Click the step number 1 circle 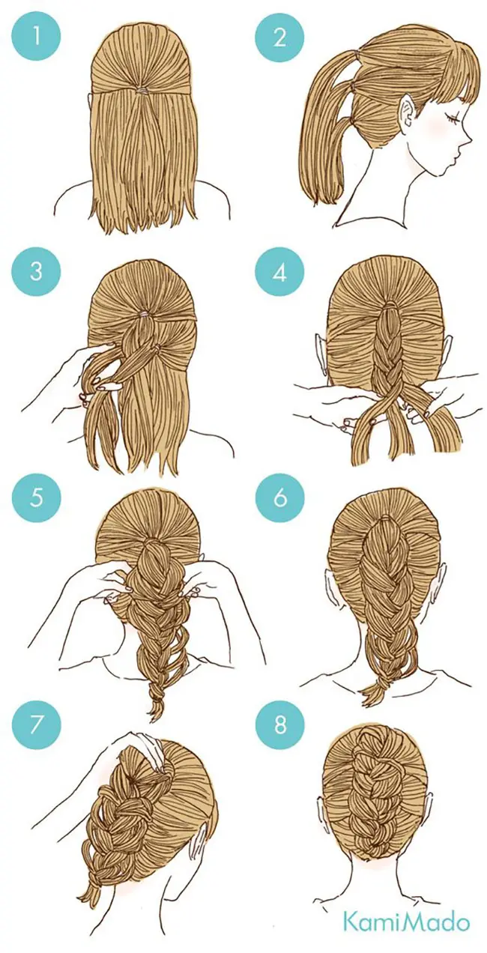pyautogui.click(x=37, y=36)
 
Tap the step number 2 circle pyautogui.click(x=280, y=36)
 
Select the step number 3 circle pyautogui.click(x=37, y=272)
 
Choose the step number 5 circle pyautogui.click(x=37, y=497)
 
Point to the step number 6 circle pyautogui.click(x=280, y=497)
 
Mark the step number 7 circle pyautogui.click(x=37, y=723)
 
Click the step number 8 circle pyautogui.click(x=280, y=723)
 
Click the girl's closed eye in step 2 pyautogui.click(x=452, y=120)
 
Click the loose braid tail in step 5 pyautogui.click(x=156, y=698)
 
